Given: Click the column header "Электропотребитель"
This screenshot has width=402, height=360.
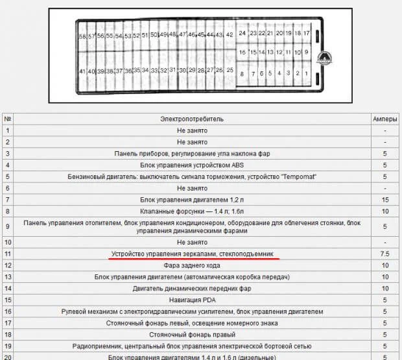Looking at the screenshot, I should pyautogui.click(x=192, y=119).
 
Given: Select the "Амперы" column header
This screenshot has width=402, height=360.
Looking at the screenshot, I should pyautogui.click(x=385, y=119).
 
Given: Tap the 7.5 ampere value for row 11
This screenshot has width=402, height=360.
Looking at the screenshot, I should pyautogui.click(x=385, y=254).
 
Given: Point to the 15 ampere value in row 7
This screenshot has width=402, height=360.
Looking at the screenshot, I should pyautogui.click(x=385, y=200).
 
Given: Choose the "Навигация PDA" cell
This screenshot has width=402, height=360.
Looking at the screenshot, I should pyautogui.click(x=192, y=300).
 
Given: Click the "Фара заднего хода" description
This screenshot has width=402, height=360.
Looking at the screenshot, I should pyautogui.click(x=192, y=265).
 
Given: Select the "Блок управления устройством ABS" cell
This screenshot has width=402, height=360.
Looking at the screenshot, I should pyautogui.click(x=192, y=165).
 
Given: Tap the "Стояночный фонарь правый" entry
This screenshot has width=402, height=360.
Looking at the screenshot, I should pyautogui.click(x=192, y=334).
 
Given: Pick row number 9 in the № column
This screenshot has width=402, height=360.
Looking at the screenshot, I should pyautogui.click(x=8, y=226).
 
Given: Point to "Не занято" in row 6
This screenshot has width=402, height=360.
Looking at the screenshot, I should pyautogui.click(x=192, y=187).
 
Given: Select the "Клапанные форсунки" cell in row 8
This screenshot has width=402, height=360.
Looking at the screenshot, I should pyautogui.click(x=192, y=211).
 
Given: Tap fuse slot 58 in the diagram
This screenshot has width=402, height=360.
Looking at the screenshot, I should pyautogui.click(x=82, y=36).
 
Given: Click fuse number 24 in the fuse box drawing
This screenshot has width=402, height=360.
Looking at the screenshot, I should pyautogui.click(x=242, y=33).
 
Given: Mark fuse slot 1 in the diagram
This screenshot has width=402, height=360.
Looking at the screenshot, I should pyautogui.click(x=305, y=73).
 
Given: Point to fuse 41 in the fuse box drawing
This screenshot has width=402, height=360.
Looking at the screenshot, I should pyautogui.click(x=82, y=71).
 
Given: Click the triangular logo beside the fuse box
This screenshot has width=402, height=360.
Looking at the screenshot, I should pyautogui.click(x=324, y=58).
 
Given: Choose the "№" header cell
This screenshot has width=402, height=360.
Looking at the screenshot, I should pyautogui.click(x=8, y=119).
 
